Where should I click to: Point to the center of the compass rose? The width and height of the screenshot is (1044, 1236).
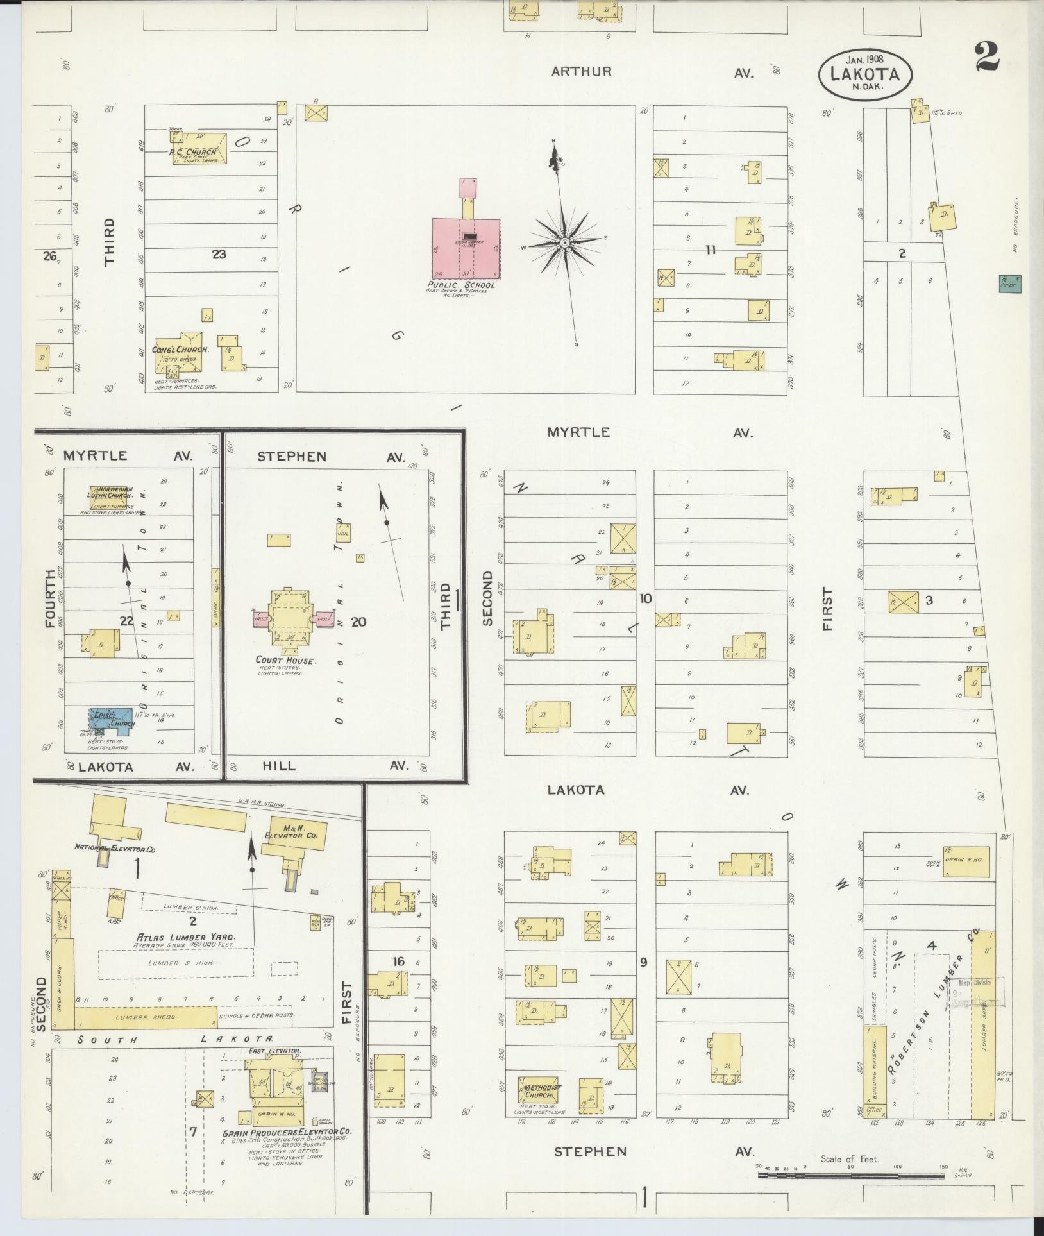point(564,242)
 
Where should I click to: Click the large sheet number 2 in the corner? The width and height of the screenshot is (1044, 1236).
point(986,58)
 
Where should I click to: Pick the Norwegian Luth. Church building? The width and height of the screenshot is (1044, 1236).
point(110,494)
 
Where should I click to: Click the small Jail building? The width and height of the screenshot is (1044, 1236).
point(342,532)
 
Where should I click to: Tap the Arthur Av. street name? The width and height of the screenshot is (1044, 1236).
point(582,72)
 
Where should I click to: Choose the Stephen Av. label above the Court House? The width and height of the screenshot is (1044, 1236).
point(292,457)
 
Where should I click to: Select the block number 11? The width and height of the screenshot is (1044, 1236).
point(709,250)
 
